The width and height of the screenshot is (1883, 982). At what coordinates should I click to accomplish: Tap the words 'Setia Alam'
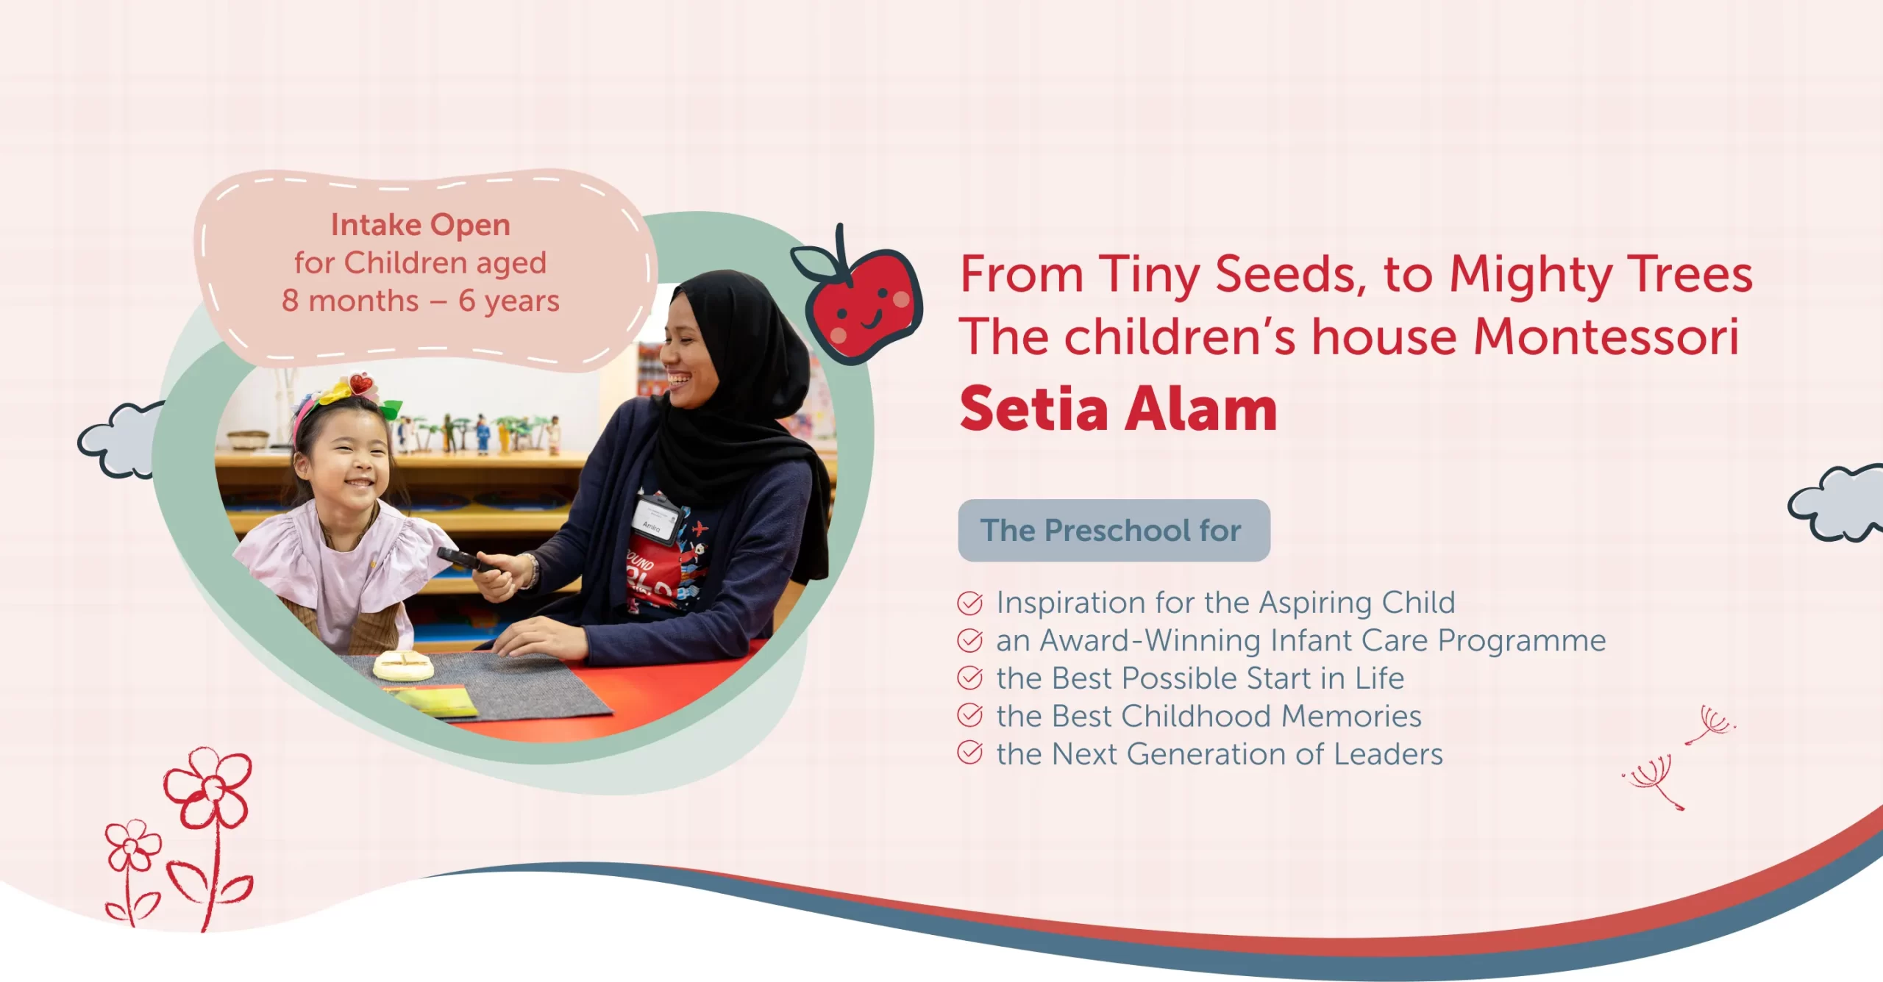(1118, 409)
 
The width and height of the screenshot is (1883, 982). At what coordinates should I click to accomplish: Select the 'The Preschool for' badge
(1113, 531)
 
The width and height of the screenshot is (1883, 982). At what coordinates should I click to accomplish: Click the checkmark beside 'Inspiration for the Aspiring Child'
(969, 603)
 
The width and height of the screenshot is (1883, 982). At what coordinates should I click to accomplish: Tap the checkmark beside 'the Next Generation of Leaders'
(969, 753)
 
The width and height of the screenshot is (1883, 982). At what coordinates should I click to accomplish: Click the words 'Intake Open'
(420, 225)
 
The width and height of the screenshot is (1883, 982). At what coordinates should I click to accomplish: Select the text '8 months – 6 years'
(420, 301)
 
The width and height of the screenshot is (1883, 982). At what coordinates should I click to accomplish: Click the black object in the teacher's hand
(463, 559)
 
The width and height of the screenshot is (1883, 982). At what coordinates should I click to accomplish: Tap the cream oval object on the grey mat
(402, 665)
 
